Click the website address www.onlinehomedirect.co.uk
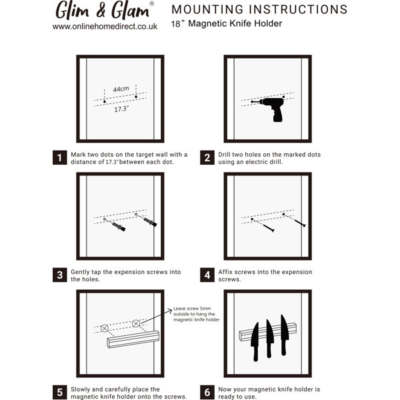[105, 27]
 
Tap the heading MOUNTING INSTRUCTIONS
[259, 9]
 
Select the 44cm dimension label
[121, 89]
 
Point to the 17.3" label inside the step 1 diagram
[121, 109]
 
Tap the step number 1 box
[60, 157]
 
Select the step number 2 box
[207, 157]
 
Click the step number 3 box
[60, 275]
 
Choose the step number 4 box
[207, 275]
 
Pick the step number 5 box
[60, 393]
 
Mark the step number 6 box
[207, 393]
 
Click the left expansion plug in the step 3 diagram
[119, 226]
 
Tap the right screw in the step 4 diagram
[300, 223]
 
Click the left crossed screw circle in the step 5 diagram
[105, 328]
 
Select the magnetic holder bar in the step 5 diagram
[133, 339]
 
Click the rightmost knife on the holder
[285, 335]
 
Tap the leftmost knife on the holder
[255, 341]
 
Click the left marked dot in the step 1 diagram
[105, 101]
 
